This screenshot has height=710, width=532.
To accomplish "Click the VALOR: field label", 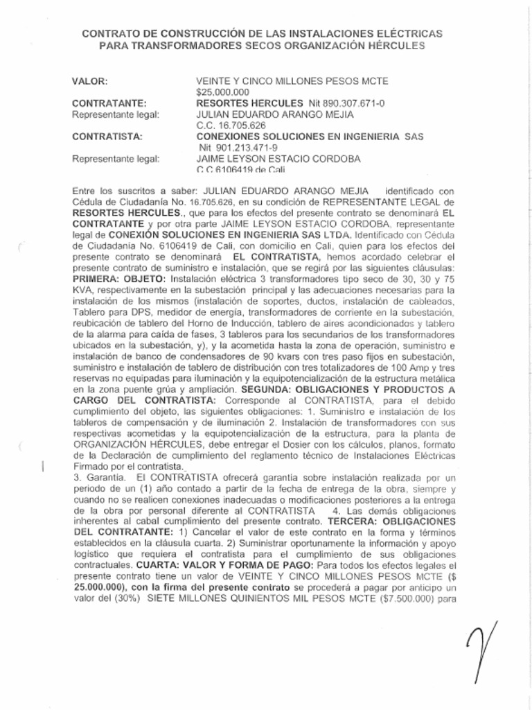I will [x=90, y=81].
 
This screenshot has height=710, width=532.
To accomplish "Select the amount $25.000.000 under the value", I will [x=223, y=92].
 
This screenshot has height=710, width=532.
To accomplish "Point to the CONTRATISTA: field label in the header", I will [x=107, y=137].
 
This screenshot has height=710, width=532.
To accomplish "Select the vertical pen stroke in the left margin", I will [x=44, y=466].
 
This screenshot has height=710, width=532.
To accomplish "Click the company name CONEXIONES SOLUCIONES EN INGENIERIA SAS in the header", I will [x=309, y=137].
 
